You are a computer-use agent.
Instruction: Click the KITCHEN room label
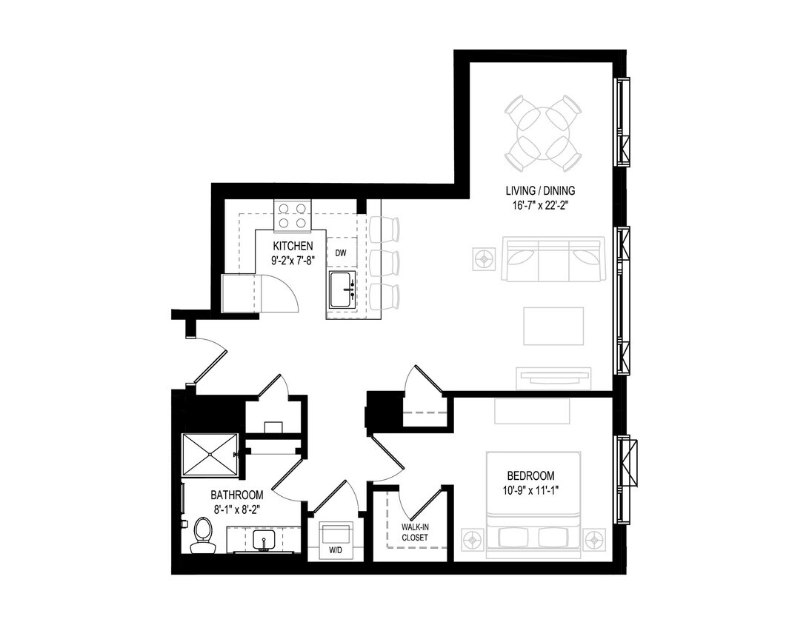(293, 246)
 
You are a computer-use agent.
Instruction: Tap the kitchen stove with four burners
(292, 215)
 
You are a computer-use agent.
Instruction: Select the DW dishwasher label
(341, 253)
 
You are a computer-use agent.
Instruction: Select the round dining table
(543, 132)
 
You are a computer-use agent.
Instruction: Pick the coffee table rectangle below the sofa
(553, 326)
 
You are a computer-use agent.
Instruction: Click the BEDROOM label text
(530, 475)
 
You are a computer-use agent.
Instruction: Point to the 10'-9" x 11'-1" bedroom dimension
(530, 489)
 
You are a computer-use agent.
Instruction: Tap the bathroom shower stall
(209, 454)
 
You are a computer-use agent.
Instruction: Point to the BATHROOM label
(237, 495)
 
